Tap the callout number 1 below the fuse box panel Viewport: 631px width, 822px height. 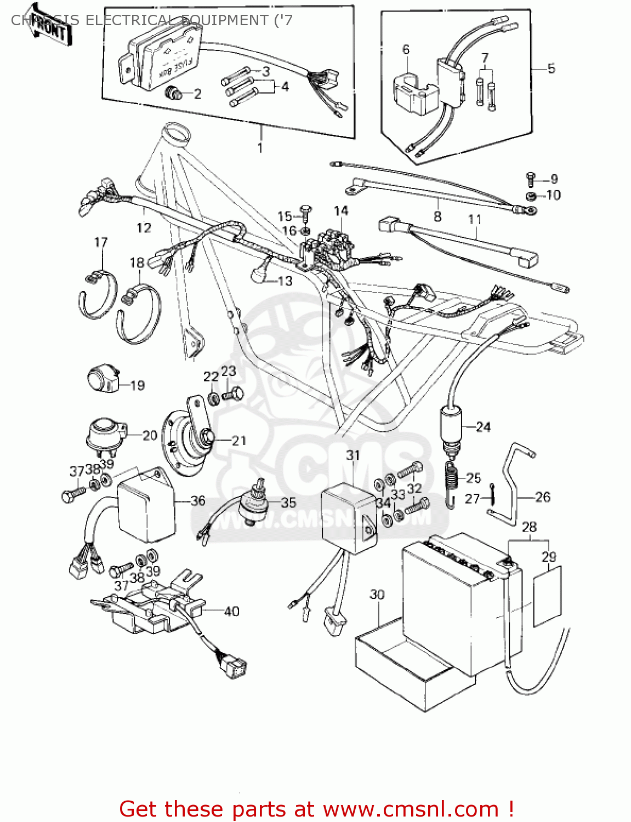tap(260, 148)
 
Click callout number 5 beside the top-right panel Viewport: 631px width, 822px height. tap(551, 68)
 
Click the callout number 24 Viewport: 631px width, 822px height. tap(483, 427)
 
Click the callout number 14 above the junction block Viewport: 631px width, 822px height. tap(340, 211)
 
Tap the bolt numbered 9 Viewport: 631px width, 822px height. tap(531, 178)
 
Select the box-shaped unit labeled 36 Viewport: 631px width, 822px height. tap(145, 507)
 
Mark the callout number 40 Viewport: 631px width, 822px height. tap(231, 611)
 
